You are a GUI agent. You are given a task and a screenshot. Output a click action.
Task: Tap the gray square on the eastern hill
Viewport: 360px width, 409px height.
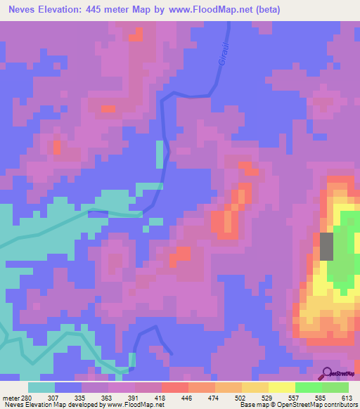tap(327, 246)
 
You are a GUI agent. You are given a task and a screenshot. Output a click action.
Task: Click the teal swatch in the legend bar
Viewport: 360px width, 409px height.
tap(41, 388)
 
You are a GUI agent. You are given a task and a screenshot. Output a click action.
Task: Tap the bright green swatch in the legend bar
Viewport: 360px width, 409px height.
tap(308, 388)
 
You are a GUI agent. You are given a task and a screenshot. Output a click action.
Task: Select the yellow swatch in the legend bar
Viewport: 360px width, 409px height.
tap(281, 388)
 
